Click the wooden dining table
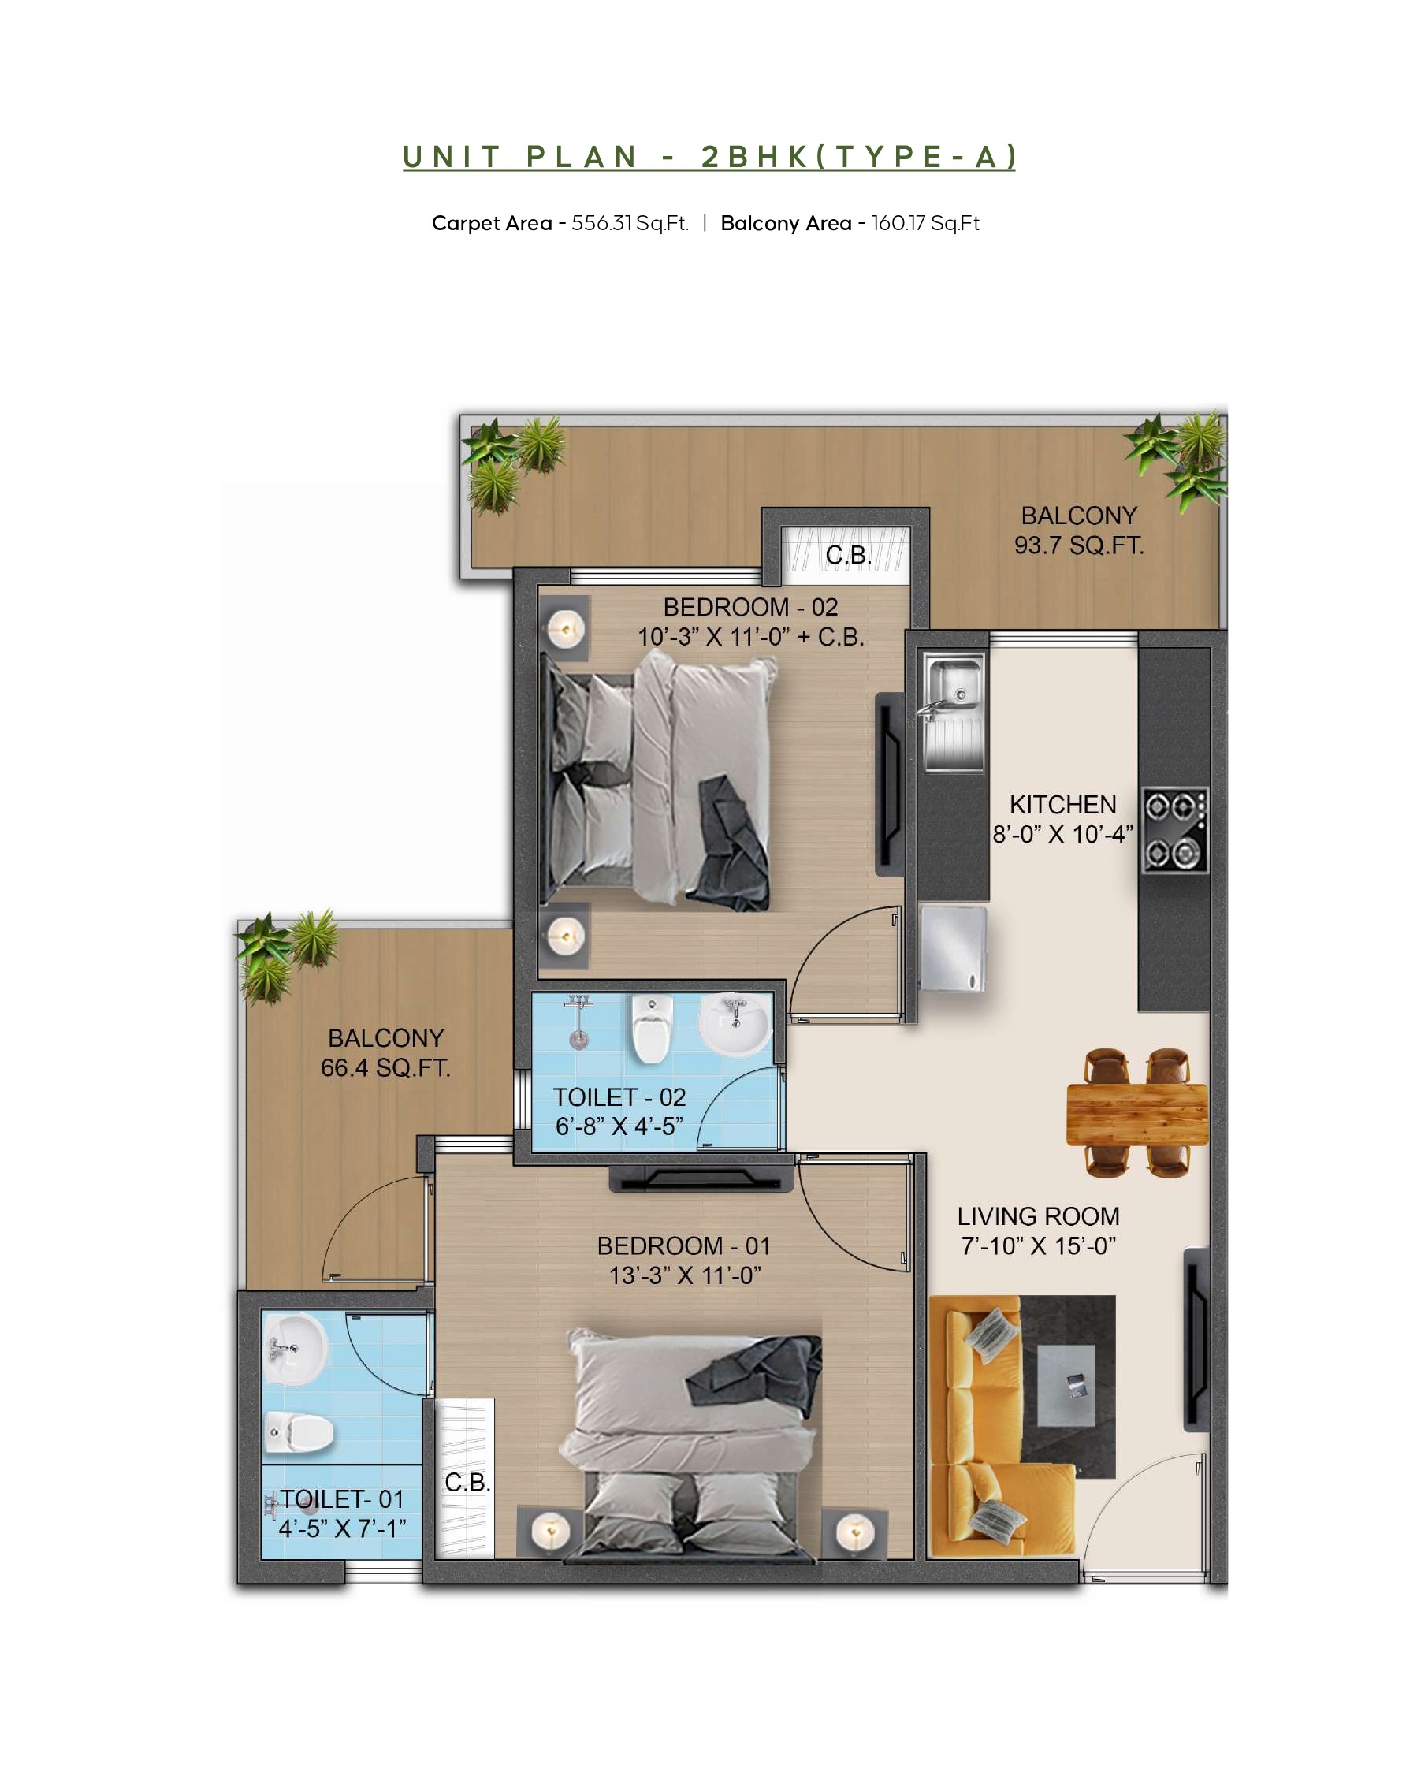tap(1136, 1113)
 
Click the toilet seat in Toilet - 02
tap(652, 1027)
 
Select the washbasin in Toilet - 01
tap(294, 1349)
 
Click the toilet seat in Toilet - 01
tap(299, 1431)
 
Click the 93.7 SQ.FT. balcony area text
tap(1078, 545)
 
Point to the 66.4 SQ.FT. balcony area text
tap(385, 1067)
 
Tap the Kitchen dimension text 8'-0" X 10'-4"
tap(1062, 834)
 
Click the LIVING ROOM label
tap(1038, 1216)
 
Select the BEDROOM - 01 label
tap(683, 1246)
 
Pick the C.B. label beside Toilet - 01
tap(467, 1482)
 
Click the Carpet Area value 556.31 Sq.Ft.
tap(630, 224)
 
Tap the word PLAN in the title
tap(582, 157)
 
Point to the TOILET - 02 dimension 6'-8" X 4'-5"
tap(619, 1127)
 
